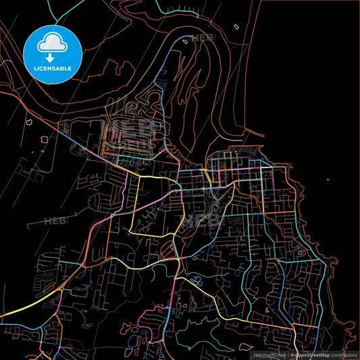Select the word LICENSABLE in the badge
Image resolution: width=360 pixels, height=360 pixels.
click(53, 69)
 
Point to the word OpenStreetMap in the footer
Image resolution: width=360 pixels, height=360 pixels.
click(312, 355)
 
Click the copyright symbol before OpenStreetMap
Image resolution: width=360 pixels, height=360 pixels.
click(293, 355)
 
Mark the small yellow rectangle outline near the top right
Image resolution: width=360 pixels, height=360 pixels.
click(236, 26)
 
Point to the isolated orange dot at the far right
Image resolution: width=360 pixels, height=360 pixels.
click(328, 180)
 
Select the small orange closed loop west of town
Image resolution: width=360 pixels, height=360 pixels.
click(30, 124)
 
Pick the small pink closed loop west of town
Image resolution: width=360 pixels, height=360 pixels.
click(44, 139)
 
